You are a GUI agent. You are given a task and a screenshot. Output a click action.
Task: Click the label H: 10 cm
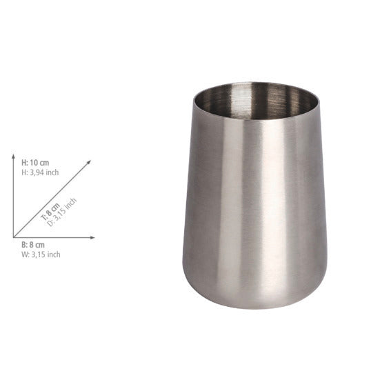coord(35,163)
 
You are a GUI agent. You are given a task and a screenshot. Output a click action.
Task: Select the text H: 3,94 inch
coord(40,172)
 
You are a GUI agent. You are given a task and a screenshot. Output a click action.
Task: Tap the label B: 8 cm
coord(33,245)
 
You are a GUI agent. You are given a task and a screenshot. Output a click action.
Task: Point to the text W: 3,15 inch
coord(41,254)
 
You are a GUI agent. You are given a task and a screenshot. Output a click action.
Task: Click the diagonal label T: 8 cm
coord(50,212)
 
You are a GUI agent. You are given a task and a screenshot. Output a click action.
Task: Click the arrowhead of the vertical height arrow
coord(14,157)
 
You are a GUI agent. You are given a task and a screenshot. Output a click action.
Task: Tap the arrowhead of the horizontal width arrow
coord(92,237)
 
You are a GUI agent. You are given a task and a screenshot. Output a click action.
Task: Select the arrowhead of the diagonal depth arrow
coord(89,162)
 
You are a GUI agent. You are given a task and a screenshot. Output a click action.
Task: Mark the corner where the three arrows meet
coord(14,237)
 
